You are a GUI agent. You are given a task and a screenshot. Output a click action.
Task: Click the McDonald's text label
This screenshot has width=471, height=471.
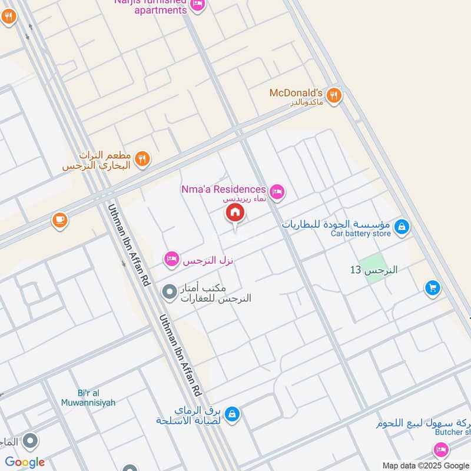[296, 93]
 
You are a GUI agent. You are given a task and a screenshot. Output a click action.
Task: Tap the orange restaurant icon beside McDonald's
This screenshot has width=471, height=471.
[334, 95]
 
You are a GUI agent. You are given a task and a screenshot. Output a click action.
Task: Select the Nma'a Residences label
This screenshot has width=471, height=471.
[223, 190]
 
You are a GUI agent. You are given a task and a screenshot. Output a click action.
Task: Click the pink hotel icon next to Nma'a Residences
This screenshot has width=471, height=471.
[277, 191]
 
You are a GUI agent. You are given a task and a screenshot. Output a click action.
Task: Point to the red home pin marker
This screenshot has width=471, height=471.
[235, 214]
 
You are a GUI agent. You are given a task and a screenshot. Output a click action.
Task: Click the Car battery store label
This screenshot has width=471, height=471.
[360, 234]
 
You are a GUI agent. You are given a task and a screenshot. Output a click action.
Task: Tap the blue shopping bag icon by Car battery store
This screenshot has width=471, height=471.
[402, 227]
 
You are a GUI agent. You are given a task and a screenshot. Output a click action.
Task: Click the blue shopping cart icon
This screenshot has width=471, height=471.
[433, 287]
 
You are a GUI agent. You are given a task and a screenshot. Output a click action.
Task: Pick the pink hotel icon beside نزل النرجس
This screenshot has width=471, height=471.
[171, 259]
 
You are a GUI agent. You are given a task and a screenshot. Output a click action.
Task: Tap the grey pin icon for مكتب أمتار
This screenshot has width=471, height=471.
[170, 291]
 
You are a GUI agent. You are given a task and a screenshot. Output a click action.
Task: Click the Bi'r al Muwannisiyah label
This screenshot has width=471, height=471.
[88, 398]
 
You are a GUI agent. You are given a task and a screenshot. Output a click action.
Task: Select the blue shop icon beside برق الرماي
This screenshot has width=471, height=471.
[233, 414]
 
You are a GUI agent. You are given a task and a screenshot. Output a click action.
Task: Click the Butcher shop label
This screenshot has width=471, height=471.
[452, 432]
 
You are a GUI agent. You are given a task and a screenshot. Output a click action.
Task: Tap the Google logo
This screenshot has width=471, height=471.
[25, 462]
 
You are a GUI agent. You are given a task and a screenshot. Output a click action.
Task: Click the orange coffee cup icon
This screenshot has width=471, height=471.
[59, 220]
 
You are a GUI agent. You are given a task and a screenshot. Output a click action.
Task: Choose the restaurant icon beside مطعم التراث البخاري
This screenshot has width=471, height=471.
[142, 158]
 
